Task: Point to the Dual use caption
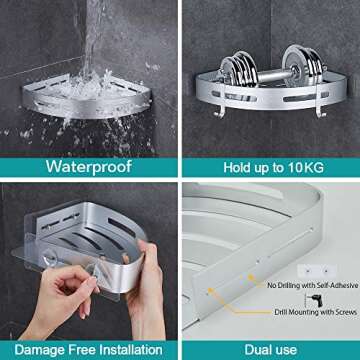coord(271,349)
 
